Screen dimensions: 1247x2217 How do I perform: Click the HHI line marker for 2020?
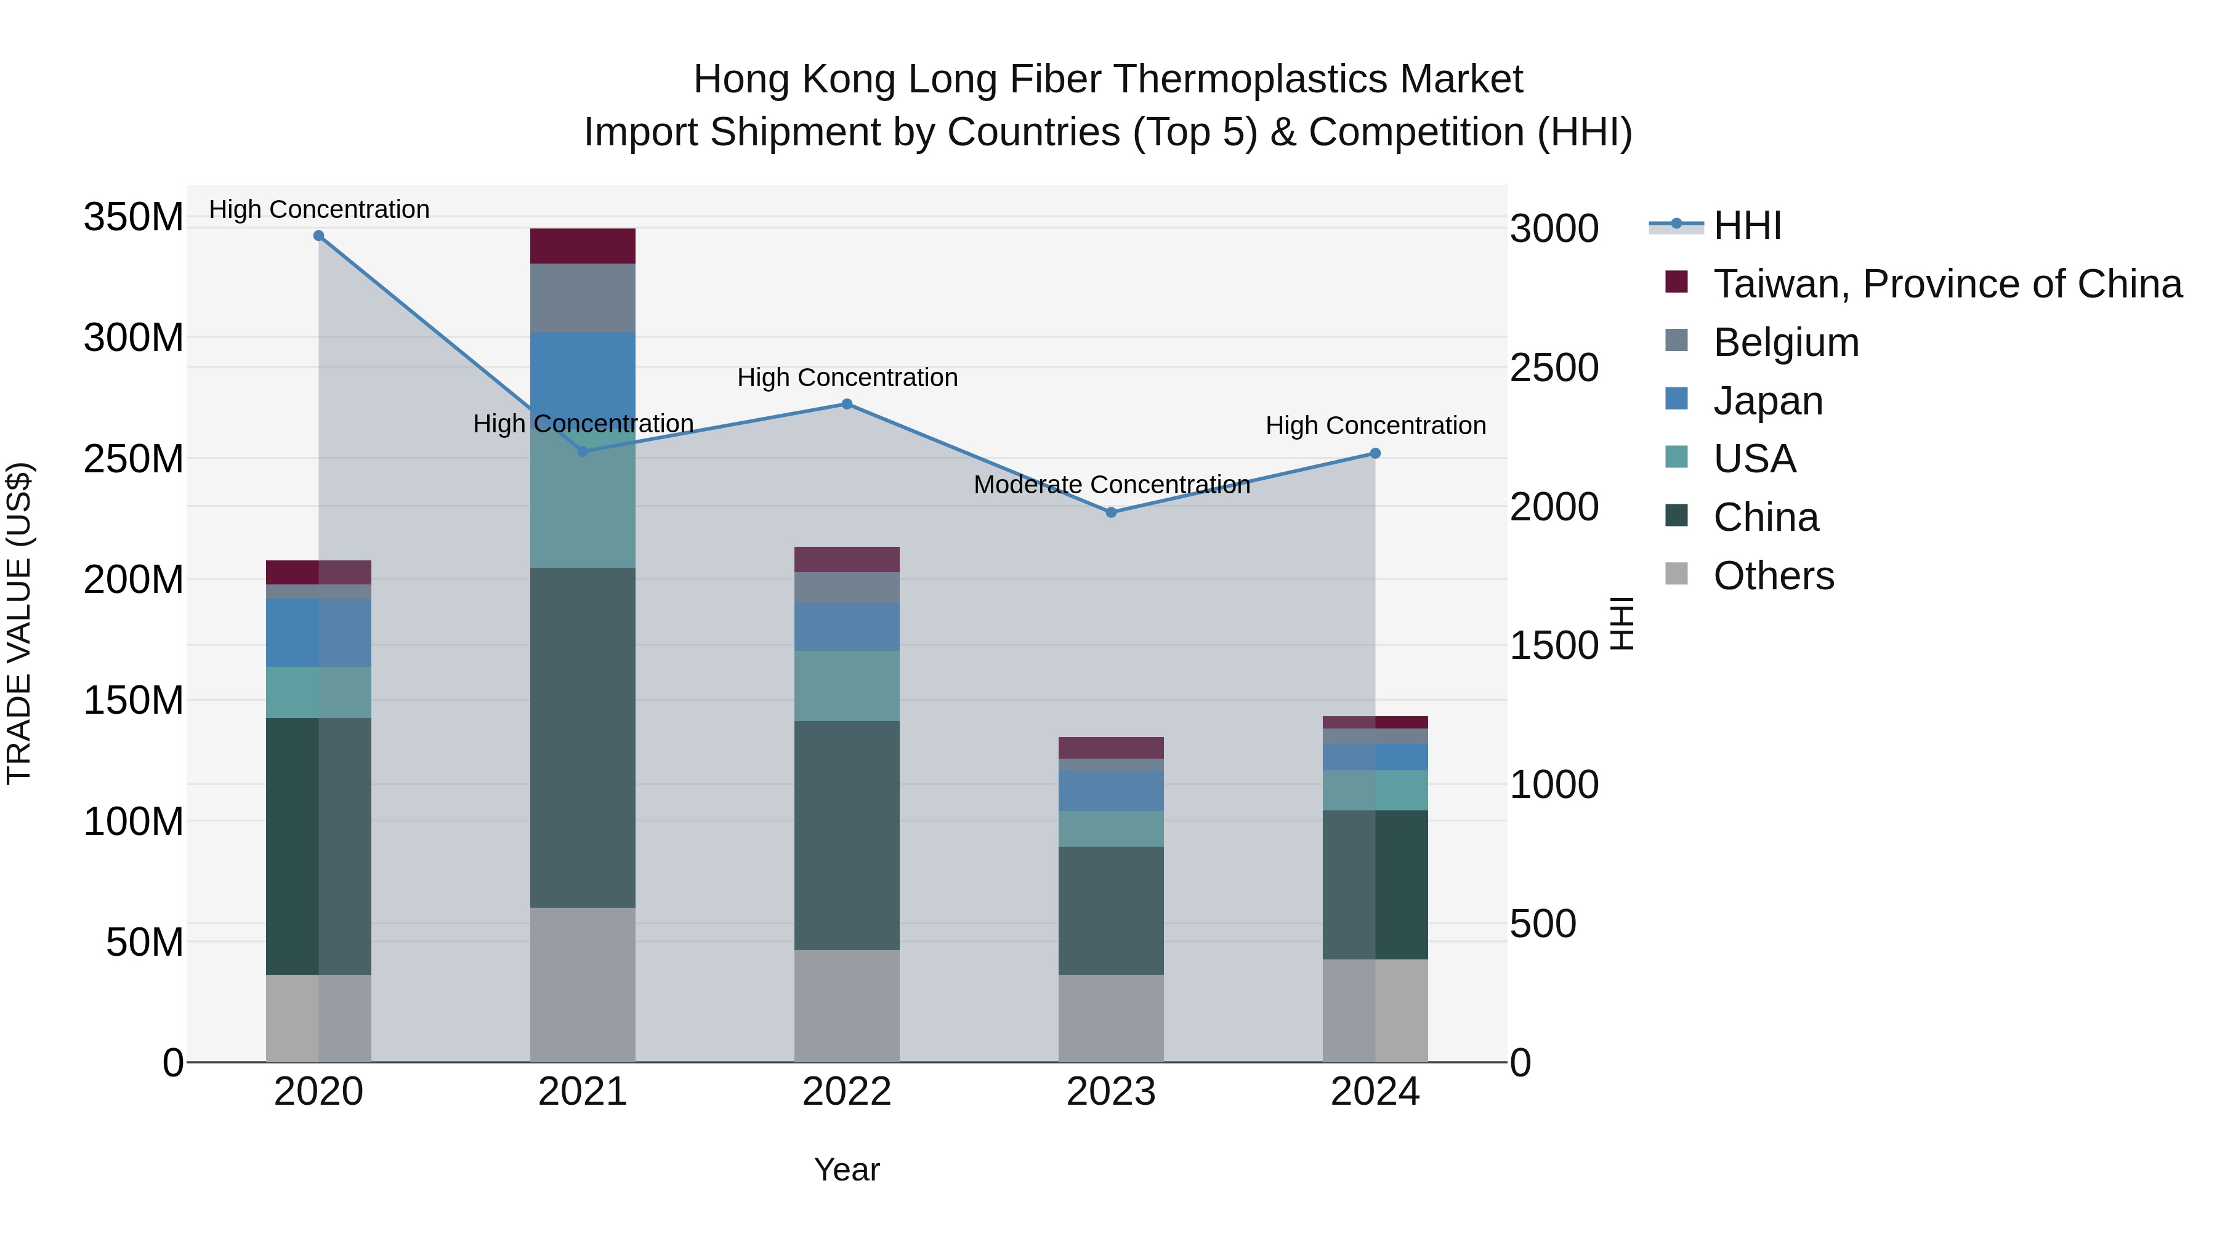318,236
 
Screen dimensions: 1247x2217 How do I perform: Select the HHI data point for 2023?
1110,512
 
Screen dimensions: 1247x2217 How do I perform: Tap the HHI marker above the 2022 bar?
847,405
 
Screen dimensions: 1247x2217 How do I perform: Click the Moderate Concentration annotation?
1111,485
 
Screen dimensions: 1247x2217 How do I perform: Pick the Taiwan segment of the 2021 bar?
583,246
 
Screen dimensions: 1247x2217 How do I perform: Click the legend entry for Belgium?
1786,342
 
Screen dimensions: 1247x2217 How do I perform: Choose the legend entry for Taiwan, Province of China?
1947,284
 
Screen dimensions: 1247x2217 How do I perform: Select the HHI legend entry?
1747,225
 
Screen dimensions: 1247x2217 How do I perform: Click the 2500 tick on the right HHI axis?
1554,368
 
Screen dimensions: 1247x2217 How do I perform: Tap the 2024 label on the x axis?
1375,1092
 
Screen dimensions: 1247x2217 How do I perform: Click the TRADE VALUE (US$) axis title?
19,623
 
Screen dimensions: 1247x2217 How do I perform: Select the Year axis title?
847,1169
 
